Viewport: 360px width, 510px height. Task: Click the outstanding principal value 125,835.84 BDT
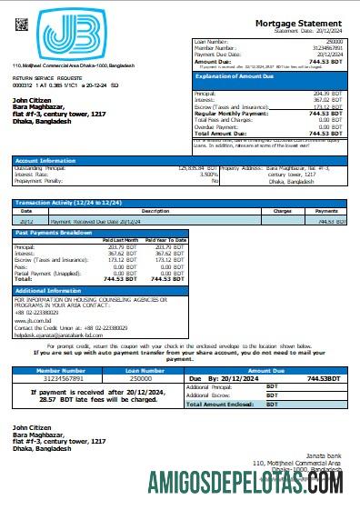pos(197,168)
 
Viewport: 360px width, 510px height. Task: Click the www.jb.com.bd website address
pos(29,319)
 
